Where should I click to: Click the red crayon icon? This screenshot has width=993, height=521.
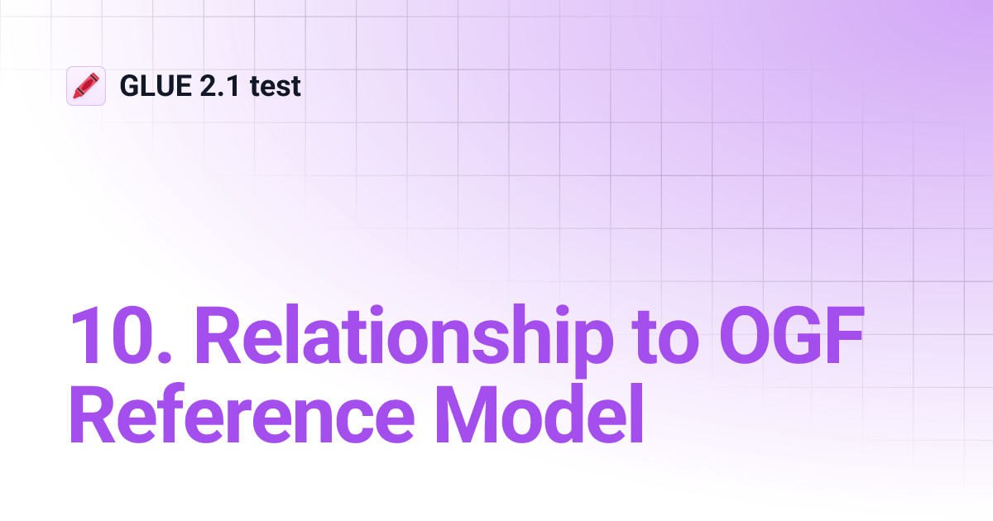point(86,86)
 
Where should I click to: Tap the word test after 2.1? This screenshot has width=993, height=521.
point(275,86)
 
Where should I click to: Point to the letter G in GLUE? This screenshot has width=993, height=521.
point(130,86)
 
